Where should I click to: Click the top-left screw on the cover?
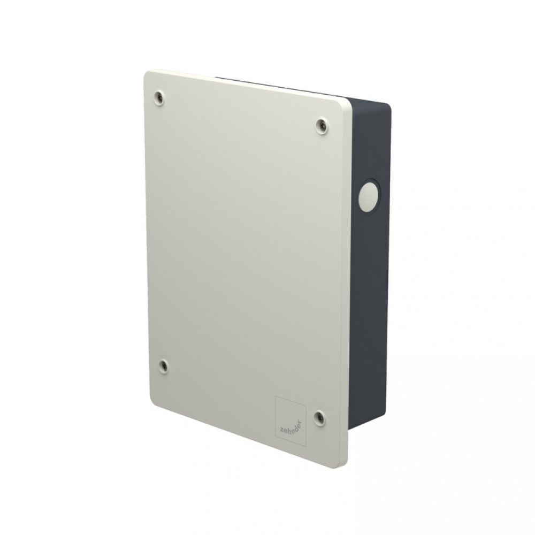point(159,98)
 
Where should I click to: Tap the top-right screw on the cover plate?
point(322,126)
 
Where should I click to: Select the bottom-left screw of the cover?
point(164,366)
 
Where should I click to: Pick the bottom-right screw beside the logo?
point(319,418)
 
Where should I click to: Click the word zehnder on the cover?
point(291,423)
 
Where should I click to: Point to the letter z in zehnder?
point(282,431)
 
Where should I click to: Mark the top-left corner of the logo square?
point(276,396)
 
